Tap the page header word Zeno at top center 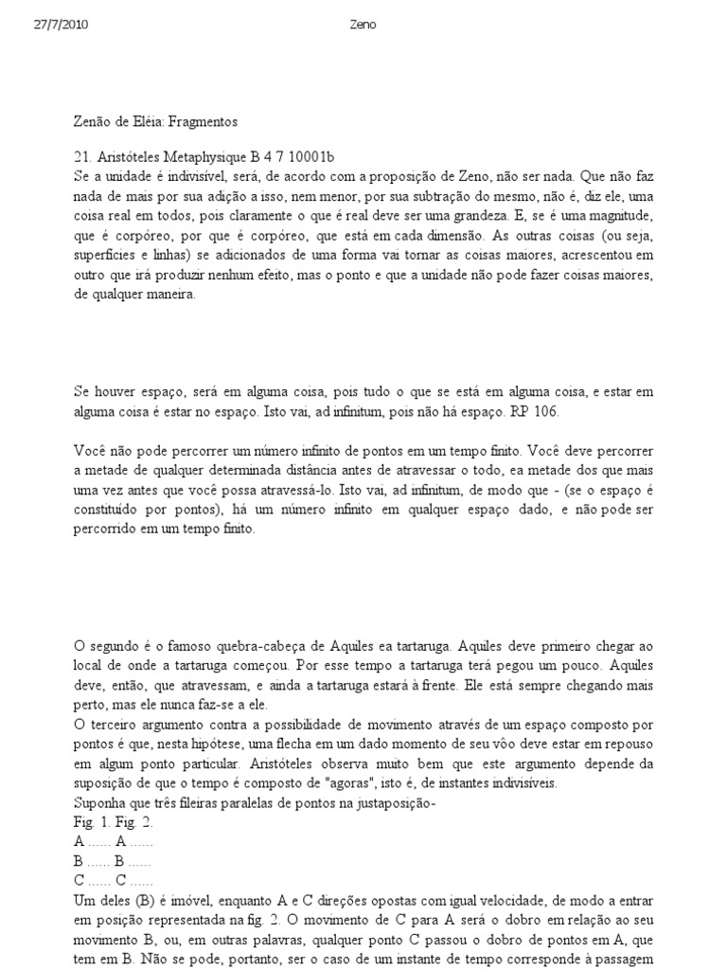pos(363,25)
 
